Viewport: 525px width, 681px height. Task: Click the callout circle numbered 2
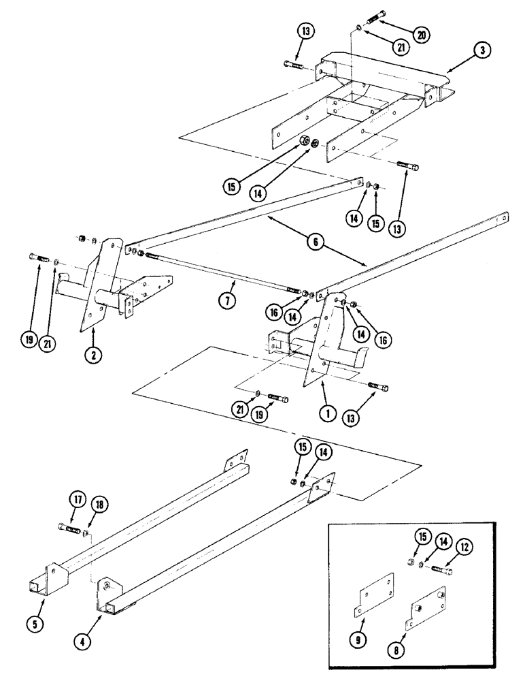pos(93,353)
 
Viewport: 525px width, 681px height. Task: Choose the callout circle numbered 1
pos(327,411)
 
